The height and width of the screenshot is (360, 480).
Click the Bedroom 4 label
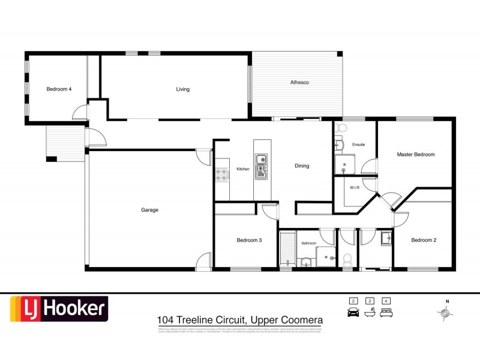[x=59, y=89]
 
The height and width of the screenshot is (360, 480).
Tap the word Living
[x=182, y=89]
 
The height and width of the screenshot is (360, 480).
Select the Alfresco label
[x=299, y=82]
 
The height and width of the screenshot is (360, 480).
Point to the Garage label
[x=149, y=210]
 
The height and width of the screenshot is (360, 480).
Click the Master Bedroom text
[x=415, y=154]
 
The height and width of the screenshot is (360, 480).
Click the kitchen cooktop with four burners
[x=221, y=174]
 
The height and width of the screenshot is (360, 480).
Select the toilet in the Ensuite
[x=342, y=128]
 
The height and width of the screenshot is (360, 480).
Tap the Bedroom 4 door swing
[x=80, y=112]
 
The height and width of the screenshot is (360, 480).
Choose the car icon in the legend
[x=353, y=312]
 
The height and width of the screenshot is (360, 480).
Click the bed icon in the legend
[x=387, y=312]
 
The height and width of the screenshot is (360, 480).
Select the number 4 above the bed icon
[x=387, y=301]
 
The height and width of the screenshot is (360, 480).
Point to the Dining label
[x=302, y=166]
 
